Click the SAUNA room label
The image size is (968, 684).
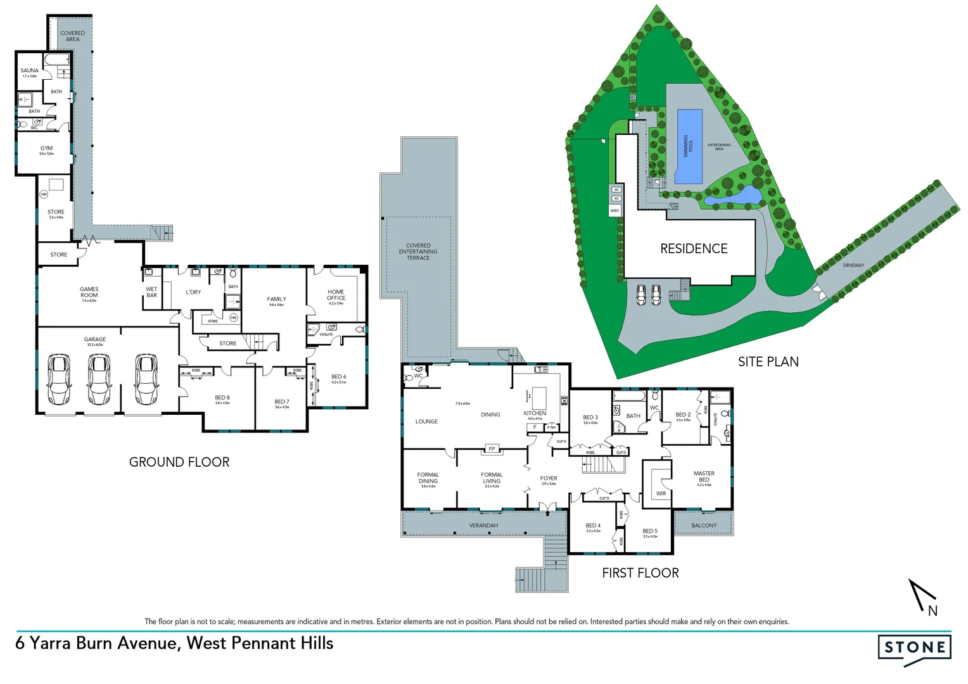(x=29, y=71)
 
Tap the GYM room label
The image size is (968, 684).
(x=46, y=149)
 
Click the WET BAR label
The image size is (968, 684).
(x=151, y=292)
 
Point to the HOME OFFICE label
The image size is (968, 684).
(x=336, y=295)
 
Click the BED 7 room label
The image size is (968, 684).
(x=282, y=402)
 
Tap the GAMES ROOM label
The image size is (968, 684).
(x=89, y=293)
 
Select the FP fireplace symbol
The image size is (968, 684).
(x=492, y=449)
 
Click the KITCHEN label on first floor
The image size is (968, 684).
(x=535, y=414)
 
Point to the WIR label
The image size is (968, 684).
(x=661, y=493)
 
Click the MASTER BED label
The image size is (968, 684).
(x=704, y=476)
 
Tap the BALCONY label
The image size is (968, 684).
(x=704, y=526)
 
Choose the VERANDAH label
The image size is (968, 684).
(x=483, y=526)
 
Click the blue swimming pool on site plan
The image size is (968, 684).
(x=689, y=147)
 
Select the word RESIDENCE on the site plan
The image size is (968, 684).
(x=694, y=249)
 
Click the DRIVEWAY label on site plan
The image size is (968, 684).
(x=853, y=265)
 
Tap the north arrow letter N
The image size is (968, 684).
(x=933, y=611)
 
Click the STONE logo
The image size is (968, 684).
(x=914, y=647)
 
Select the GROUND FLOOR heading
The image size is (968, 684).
(x=179, y=462)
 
